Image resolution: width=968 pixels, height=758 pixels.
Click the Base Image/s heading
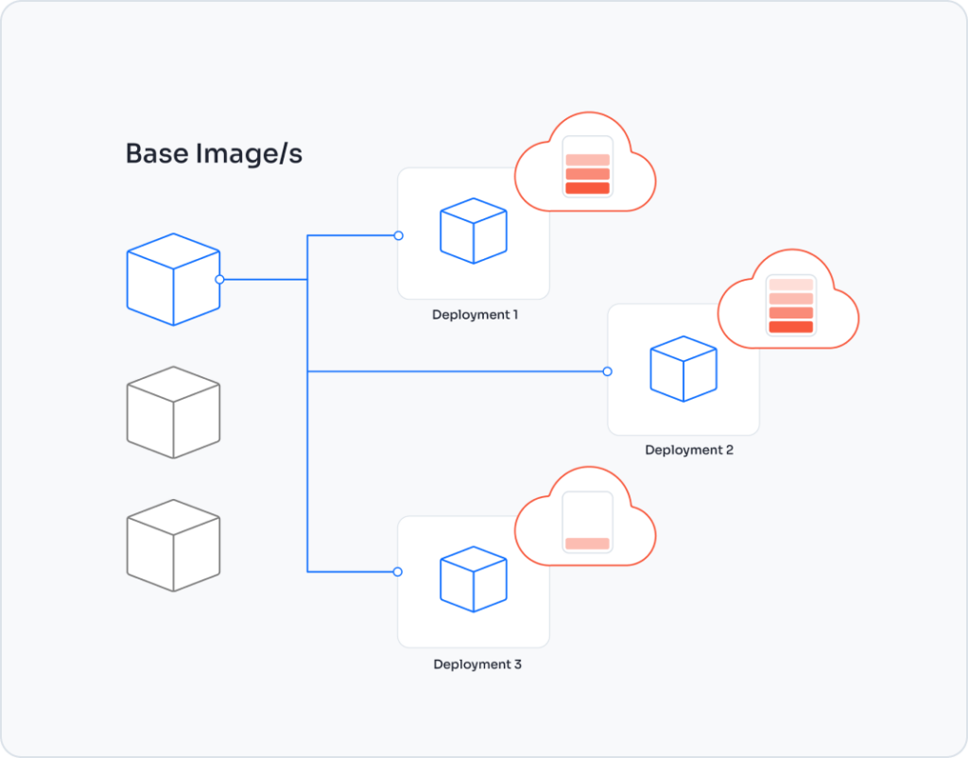pos(214,154)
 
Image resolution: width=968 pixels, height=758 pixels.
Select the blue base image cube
pos(173,279)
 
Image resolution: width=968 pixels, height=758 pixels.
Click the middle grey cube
pos(173,412)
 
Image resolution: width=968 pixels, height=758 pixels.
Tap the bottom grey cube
pos(173,545)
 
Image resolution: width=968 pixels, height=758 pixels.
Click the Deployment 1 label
pos(475,315)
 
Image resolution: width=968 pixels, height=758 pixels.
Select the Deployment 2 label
pos(689,450)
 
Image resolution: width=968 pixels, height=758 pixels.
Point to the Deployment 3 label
pos(477,664)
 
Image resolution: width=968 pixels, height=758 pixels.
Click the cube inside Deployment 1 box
pos(474,231)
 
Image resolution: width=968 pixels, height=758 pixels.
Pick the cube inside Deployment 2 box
pos(683,368)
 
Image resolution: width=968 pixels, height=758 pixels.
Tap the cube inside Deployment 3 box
pos(474,578)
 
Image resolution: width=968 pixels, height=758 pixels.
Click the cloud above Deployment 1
pos(585,165)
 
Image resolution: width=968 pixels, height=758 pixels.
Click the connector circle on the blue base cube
pos(219,279)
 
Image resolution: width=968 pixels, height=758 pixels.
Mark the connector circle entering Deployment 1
pos(398,235)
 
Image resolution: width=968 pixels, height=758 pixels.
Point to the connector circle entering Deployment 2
pos(607,371)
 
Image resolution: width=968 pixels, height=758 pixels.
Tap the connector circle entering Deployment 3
pos(398,572)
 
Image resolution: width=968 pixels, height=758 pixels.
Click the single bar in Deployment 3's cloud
pos(587,543)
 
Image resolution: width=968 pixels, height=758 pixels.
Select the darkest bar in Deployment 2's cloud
pos(790,327)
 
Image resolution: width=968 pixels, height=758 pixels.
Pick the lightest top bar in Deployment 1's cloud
pos(587,160)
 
